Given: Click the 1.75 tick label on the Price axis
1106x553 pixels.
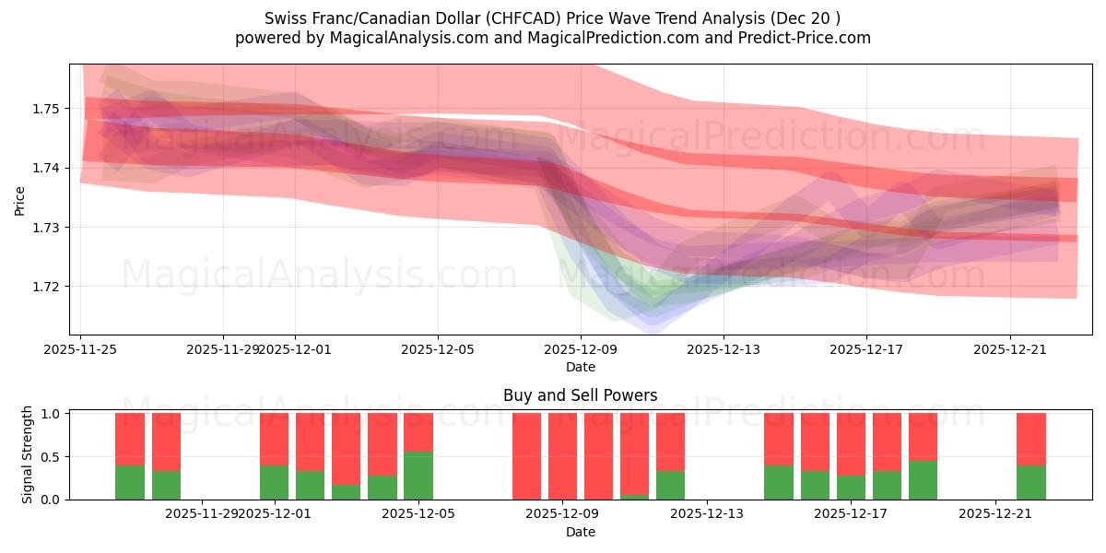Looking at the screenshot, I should tap(45, 109).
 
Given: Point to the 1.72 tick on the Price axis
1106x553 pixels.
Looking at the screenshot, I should tap(45, 287).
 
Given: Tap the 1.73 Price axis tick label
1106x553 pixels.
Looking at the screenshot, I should tap(45, 228).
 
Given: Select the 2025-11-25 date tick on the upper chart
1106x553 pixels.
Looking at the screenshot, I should tap(80, 349).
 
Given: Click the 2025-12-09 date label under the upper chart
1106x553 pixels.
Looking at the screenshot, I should tap(580, 349).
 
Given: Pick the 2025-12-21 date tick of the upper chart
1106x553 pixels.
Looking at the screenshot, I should tap(1010, 349).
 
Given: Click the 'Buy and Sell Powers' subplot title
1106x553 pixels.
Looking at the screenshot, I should tap(580, 396).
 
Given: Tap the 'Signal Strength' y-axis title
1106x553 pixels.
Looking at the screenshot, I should tap(28, 455).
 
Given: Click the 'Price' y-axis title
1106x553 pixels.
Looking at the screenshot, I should tap(20, 200).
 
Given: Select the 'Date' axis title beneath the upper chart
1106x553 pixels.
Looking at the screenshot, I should tap(580, 367).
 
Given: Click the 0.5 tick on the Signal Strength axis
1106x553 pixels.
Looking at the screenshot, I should tap(52, 457).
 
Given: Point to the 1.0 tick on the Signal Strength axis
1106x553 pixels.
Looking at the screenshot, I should tap(52, 414).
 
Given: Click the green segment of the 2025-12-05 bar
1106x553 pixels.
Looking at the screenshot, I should tap(418, 477).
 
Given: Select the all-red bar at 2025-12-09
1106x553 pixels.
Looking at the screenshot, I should tap(562, 456).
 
